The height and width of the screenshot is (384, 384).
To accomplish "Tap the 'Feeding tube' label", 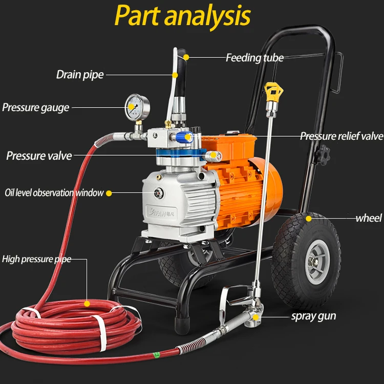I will pyautogui.click(x=254, y=57).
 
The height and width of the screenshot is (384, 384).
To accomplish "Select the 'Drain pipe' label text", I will pyautogui.click(x=80, y=75).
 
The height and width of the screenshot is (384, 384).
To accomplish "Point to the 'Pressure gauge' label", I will pyautogui.click(x=35, y=108).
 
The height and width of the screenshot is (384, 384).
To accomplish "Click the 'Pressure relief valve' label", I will pyautogui.click(x=341, y=136).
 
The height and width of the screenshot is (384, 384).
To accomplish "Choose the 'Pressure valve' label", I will pyautogui.click(x=39, y=155).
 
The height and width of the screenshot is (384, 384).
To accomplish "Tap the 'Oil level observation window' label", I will pyautogui.click(x=54, y=193).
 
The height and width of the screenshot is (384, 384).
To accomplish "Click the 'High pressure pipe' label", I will pyautogui.click(x=36, y=259).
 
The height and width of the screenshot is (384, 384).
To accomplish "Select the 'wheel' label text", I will pyautogui.click(x=369, y=218).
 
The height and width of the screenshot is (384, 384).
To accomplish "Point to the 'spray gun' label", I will pyautogui.click(x=313, y=315).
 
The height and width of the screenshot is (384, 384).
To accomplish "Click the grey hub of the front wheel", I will pyautogui.click(x=315, y=264).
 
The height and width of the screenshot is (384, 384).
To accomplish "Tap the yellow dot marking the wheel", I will pyautogui.click(x=309, y=219).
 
